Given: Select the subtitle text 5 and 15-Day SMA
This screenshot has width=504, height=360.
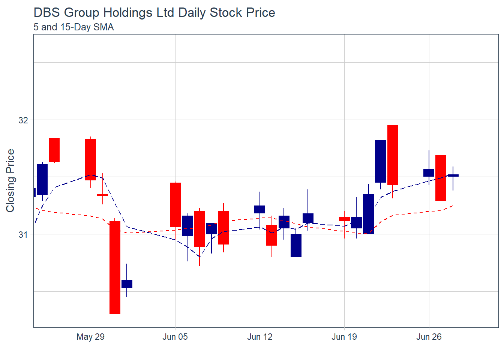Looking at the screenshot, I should point(73,27).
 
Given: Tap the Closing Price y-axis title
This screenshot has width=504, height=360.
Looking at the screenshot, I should point(10,180).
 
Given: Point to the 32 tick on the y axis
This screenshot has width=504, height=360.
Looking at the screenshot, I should point(23,120).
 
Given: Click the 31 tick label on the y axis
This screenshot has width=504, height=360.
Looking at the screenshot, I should point(23,235).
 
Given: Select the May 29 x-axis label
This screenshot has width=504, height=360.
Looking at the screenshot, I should point(90,337).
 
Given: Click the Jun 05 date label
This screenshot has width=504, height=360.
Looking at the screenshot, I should point(175,337).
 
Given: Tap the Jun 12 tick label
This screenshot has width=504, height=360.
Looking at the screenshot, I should point(259,337).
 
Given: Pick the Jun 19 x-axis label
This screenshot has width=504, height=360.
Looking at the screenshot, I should point(344,337).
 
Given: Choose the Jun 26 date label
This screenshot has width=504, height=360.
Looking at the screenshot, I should point(429,337).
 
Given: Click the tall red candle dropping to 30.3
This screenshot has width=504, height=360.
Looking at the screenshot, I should point(115,267).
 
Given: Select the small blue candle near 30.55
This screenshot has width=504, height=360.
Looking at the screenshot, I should point(127,284).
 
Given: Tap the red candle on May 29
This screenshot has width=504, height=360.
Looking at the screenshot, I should point(90,160).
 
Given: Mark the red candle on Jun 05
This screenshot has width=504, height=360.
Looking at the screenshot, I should point(175,205).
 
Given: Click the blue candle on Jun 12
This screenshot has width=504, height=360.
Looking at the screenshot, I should point(259,209).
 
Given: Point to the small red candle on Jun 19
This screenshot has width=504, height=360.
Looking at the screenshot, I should point(344,219).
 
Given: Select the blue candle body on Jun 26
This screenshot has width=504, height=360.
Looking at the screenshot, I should point(429,172).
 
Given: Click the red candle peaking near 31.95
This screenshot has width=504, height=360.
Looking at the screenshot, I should point(393,155).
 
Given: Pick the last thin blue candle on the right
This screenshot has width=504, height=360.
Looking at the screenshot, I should point(453,175).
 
